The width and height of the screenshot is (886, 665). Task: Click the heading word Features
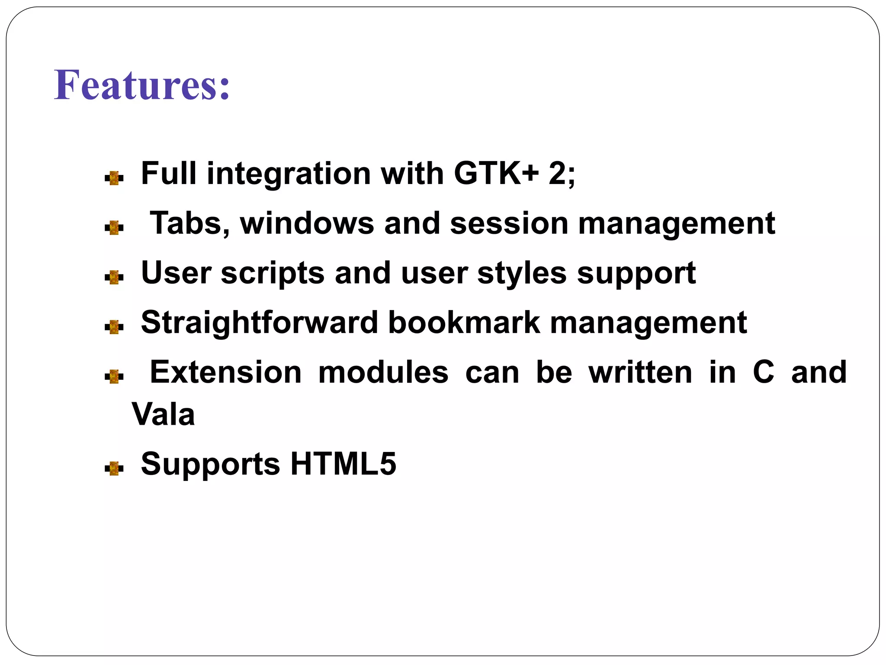pos(141,85)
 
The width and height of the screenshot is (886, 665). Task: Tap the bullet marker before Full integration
pos(114,178)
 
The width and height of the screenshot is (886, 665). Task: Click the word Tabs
pos(189,223)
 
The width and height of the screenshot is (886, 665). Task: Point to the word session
pos(509,223)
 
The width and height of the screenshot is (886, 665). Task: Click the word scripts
pos(273,273)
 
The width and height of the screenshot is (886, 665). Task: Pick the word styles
pos(522,273)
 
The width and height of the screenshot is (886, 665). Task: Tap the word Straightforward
pos(260,323)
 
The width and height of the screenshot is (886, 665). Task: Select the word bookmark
pos(464,323)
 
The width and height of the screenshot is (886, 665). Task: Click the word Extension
pos(225,372)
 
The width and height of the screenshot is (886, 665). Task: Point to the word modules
pos(383,372)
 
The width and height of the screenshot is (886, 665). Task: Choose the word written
pos(640,372)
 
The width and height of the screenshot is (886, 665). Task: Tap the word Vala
pos(163,414)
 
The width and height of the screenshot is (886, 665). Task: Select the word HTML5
pos(343,464)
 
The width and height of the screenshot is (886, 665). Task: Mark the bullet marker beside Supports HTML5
pos(114,468)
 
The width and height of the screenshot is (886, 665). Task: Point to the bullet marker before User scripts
pos(114,277)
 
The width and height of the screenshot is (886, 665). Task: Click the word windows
pos(307,223)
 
